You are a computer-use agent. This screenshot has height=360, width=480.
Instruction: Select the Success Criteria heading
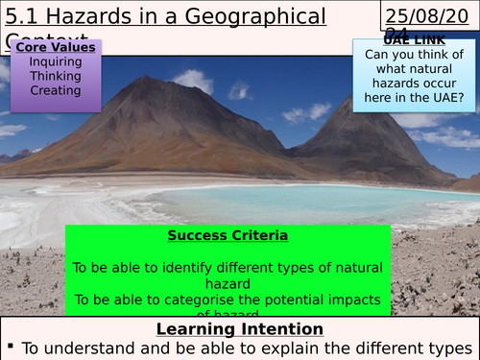(228, 235)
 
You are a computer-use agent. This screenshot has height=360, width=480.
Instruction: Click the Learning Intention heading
(239, 329)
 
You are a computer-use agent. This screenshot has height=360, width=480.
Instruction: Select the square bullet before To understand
(9, 349)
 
